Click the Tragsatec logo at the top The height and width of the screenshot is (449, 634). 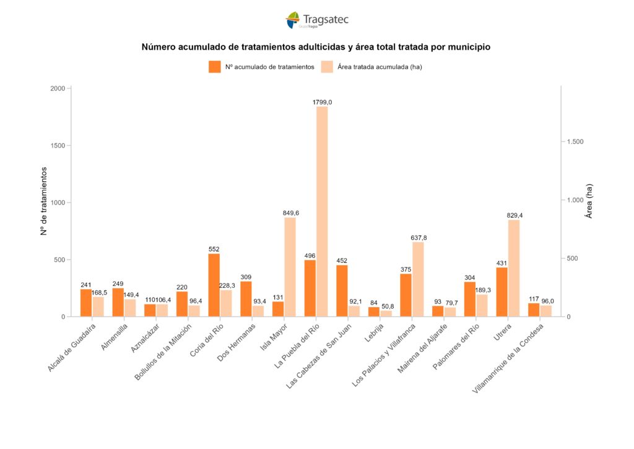tap(317, 20)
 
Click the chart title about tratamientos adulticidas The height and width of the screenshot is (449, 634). tap(316, 47)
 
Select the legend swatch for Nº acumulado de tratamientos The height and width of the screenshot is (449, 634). tap(215, 67)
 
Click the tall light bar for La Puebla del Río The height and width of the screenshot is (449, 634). tap(322, 211)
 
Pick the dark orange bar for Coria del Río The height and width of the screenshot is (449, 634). tap(214, 285)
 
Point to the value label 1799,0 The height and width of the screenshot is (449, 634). tap(322, 102)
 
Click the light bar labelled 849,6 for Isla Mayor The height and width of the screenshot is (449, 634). tap(290, 267)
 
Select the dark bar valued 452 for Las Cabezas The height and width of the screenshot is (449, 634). tap(342, 291)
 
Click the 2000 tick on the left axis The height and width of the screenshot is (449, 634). tap(58, 89)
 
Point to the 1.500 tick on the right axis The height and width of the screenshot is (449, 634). tap(575, 142)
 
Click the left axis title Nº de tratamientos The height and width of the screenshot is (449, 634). tap(44, 201)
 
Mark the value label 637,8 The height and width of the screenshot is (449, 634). tap(418, 238)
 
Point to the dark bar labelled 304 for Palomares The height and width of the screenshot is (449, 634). tap(470, 299)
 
